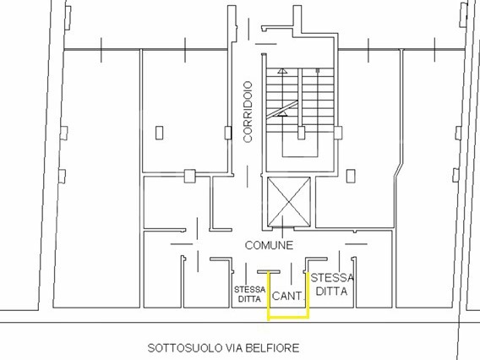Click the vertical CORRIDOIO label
(248, 112)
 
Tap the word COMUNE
(269, 245)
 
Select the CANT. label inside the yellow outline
(286, 296)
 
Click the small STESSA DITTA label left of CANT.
(250, 294)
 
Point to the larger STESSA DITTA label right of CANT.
(332, 285)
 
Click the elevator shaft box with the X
(289, 202)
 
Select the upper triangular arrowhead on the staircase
(282, 71)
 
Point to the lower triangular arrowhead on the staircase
(282, 113)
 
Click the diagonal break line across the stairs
(282, 110)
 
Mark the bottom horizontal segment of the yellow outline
(288, 318)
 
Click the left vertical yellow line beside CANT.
(269, 296)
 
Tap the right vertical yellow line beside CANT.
(308, 296)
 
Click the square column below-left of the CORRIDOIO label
(190, 176)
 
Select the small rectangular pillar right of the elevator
(351, 176)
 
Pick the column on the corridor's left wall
(228, 133)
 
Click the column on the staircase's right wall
(338, 133)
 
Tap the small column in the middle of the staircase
(301, 133)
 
